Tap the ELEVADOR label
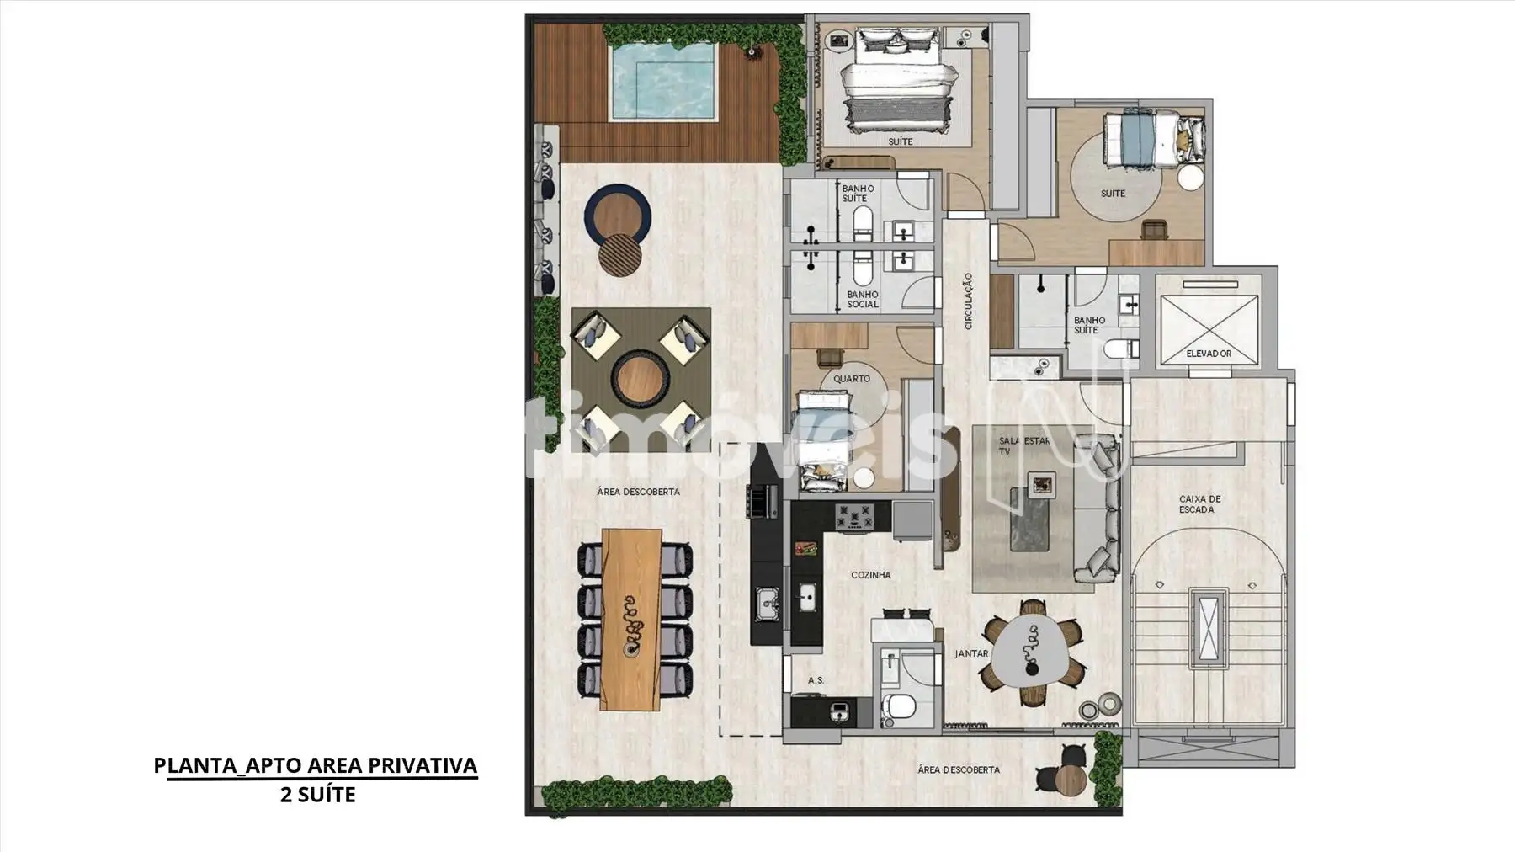[x=1209, y=354]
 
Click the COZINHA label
[x=870, y=575]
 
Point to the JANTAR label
[x=971, y=653]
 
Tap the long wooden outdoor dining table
[x=633, y=619]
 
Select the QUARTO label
[x=852, y=379]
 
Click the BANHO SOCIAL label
[x=863, y=299]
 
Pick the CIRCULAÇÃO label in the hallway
[x=969, y=301]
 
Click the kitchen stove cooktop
[x=854, y=516]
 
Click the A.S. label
[x=816, y=680]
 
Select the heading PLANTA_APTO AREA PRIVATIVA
[x=316, y=765]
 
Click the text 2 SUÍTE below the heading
[x=318, y=794]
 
